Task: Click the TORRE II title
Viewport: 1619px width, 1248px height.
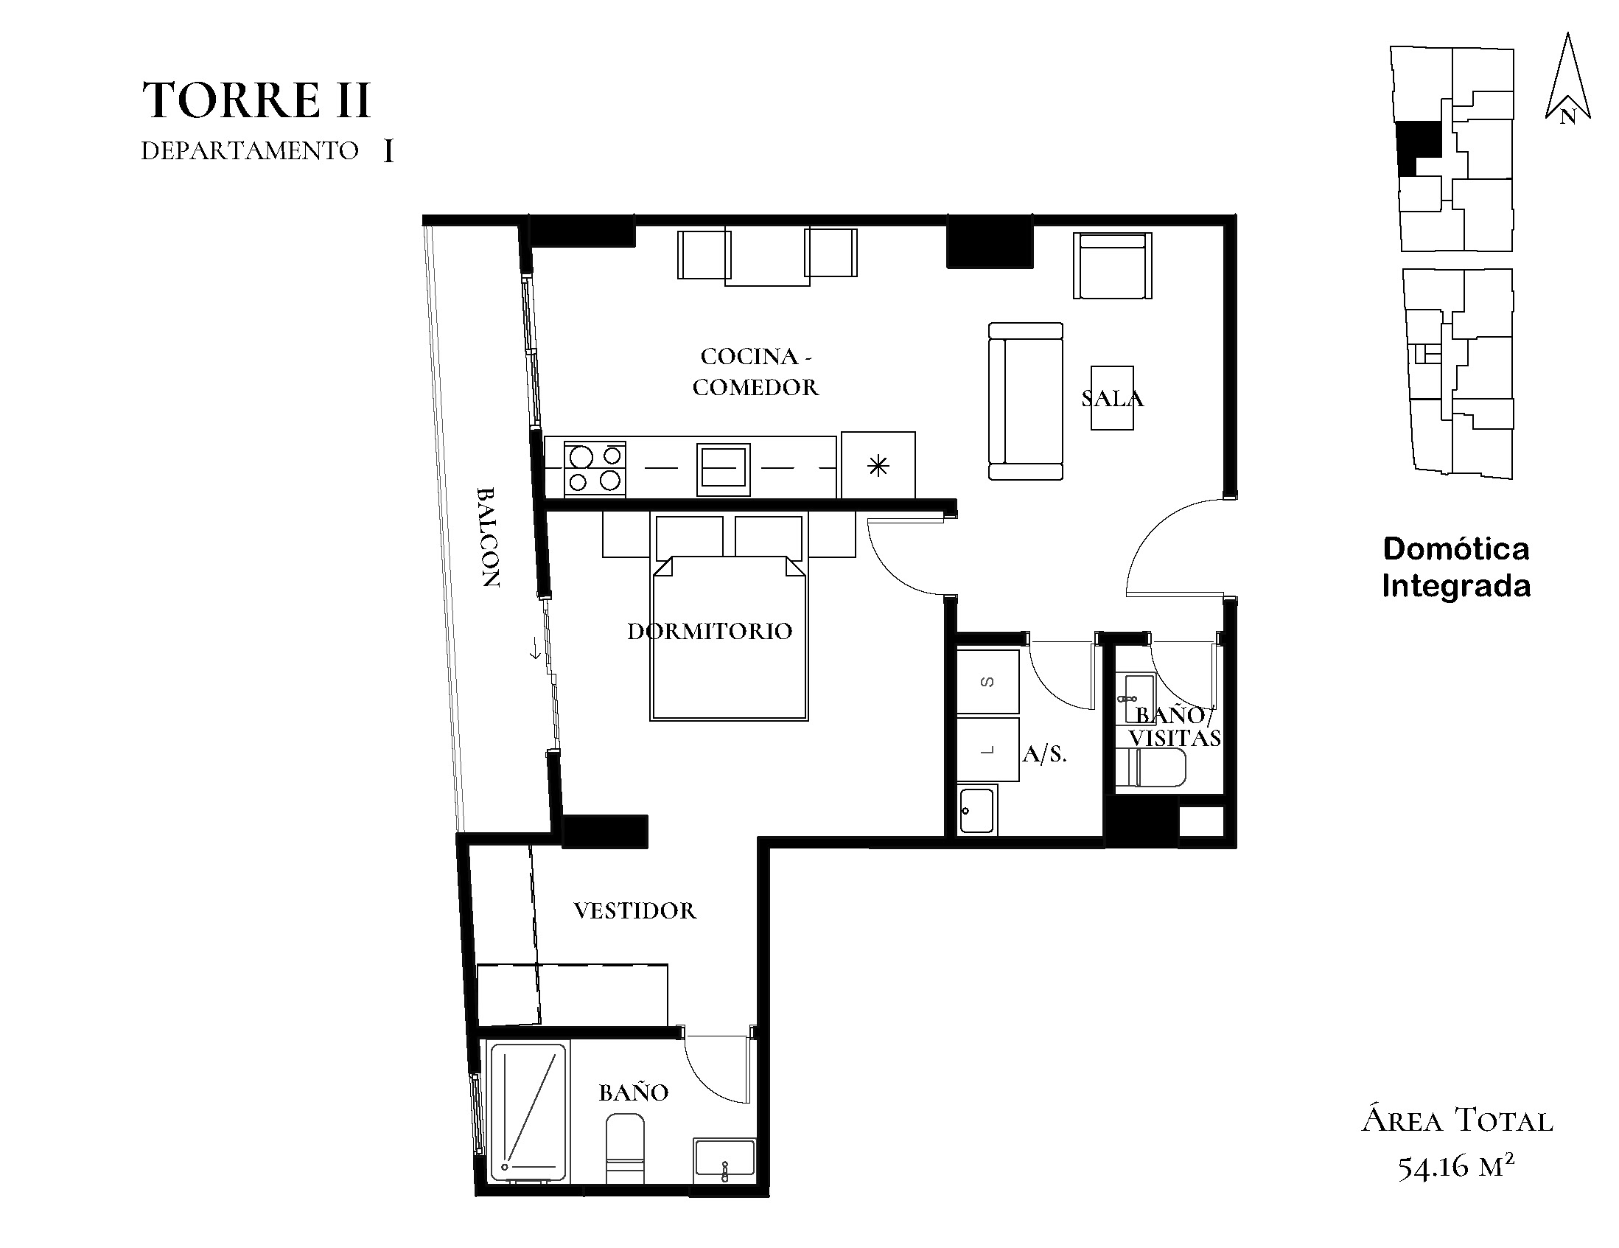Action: pyautogui.click(x=256, y=100)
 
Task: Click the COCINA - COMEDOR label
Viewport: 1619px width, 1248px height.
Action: pyautogui.click(x=755, y=372)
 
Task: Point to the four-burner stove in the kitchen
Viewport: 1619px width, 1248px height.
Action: pyautogui.click(x=595, y=469)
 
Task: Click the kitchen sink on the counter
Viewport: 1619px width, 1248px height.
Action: pyautogui.click(x=724, y=470)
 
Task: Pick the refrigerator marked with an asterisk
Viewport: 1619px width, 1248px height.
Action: pyautogui.click(x=878, y=465)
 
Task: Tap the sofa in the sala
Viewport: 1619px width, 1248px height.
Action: pyautogui.click(x=1026, y=401)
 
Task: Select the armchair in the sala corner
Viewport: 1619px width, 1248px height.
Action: pyautogui.click(x=1113, y=265)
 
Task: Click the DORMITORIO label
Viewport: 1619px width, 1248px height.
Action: pyautogui.click(x=710, y=631)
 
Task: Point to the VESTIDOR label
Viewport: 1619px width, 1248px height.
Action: pyautogui.click(x=634, y=910)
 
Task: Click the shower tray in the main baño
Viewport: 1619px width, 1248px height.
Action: pyautogui.click(x=528, y=1112)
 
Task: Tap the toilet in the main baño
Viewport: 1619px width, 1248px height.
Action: pyautogui.click(x=625, y=1148)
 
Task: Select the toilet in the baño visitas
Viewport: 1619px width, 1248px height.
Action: pyautogui.click(x=1151, y=767)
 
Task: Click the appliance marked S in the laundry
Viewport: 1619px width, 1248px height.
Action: pyautogui.click(x=987, y=681)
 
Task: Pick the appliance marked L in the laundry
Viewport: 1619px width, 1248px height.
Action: pyautogui.click(x=987, y=750)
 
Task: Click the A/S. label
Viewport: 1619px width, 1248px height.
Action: pyautogui.click(x=1044, y=754)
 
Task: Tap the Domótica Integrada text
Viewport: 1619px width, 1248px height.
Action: pyautogui.click(x=1457, y=568)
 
